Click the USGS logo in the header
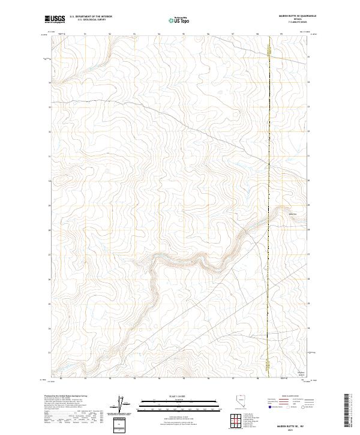click(x=55, y=19)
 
